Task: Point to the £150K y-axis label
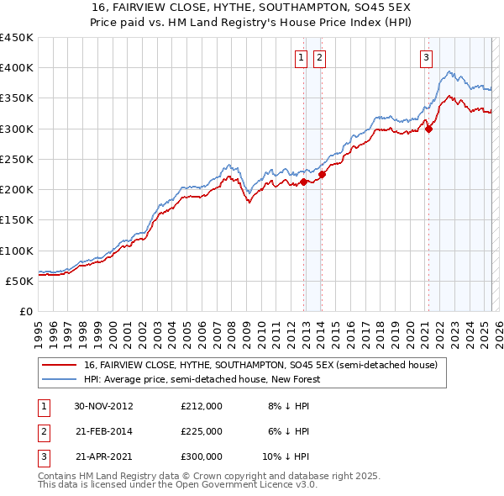(17, 220)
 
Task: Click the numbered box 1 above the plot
(301, 58)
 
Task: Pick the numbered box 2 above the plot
(320, 58)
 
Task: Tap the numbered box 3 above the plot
(426, 58)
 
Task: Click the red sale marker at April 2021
(428, 129)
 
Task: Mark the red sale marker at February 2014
(322, 174)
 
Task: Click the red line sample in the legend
(60, 366)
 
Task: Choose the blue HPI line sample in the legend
(60, 379)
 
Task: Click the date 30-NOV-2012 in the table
(104, 406)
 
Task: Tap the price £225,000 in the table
(202, 431)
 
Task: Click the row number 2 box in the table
(41, 431)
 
